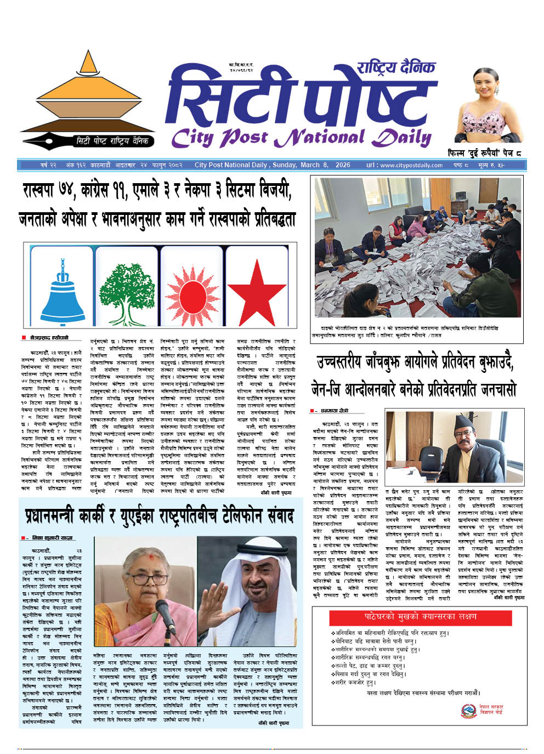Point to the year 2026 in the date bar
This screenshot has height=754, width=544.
(343, 165)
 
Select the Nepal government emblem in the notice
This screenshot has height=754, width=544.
(469, 711)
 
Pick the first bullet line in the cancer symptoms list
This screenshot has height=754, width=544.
(389, 633)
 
